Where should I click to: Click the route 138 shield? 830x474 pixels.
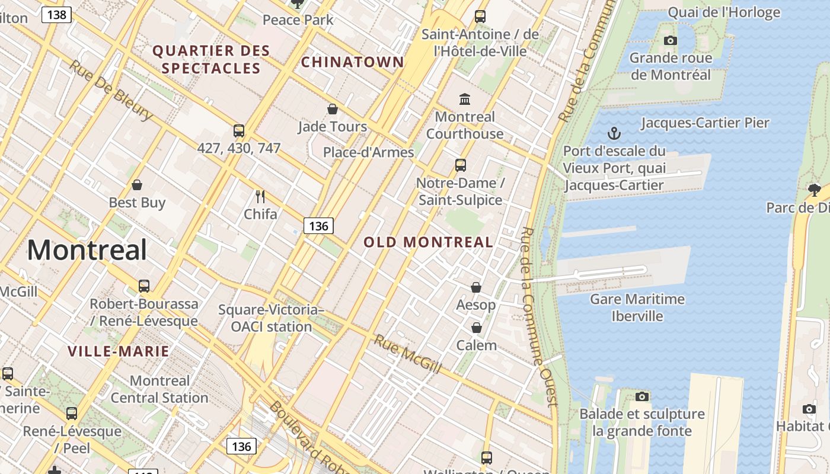coord(56,14)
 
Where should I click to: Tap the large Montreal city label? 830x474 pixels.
coord(87,249)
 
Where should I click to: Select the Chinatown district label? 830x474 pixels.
coord(352,62)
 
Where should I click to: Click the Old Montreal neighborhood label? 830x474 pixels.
coord(428,242)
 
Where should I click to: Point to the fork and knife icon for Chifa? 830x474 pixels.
coord(260,196)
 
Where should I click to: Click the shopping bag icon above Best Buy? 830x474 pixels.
coord(137,185)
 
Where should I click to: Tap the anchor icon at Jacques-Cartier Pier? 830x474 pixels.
coord(614,133)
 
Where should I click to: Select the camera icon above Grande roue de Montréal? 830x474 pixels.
coord(671,40)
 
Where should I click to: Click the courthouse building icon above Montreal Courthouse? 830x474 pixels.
coord(465,99)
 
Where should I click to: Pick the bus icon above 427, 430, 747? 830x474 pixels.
coord(239,131)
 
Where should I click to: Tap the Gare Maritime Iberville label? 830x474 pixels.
coord(637,307)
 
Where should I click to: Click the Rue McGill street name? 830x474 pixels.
coord(407,354)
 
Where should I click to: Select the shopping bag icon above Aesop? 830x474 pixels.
coord(476,287)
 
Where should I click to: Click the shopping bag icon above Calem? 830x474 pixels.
coord(476,328)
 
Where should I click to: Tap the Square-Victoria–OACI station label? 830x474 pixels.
coord(271,318)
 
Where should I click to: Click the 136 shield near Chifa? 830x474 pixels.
coord(318,226)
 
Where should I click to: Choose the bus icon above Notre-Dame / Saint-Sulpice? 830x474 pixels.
coord(461,165)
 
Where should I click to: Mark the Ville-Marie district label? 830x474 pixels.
coord(119,351)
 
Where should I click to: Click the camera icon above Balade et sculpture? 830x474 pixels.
coord(641,396)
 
